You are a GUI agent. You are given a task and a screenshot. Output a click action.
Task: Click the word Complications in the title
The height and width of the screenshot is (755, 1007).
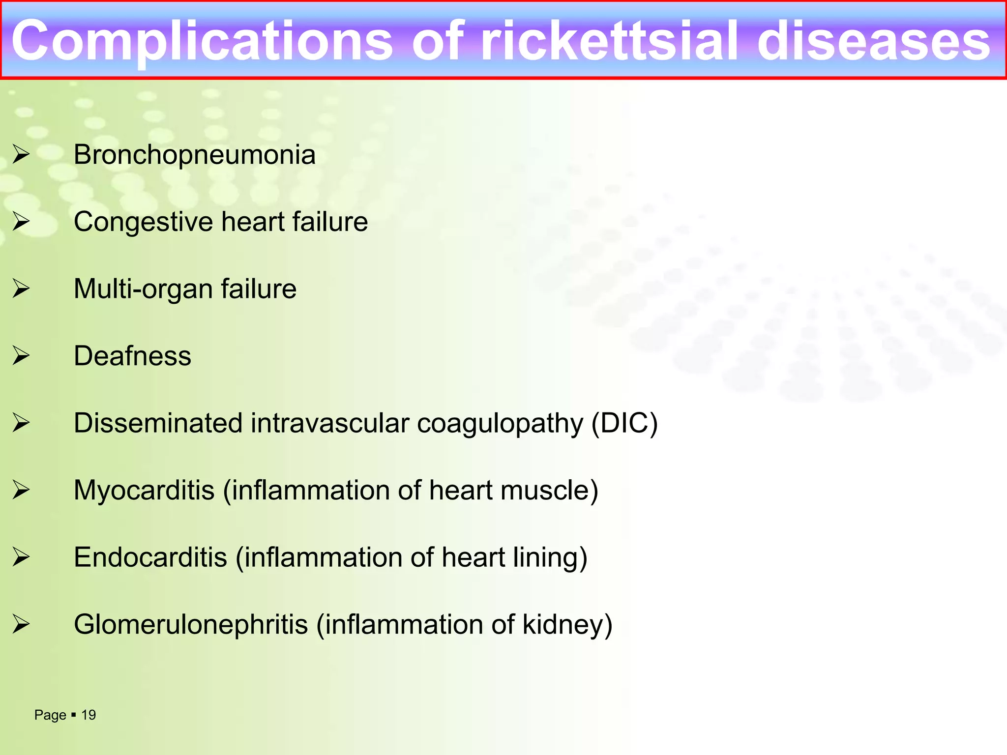tap(202, 42)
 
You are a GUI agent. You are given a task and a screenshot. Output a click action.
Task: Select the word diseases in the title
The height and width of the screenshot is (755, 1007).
tap(873, 42)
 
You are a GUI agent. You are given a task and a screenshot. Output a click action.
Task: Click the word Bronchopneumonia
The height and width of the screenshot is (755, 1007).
tap(194, 155)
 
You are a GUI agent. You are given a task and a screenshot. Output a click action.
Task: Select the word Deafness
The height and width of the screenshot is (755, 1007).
tap(132, 356)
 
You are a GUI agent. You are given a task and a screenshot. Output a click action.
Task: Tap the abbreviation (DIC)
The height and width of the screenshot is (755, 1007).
tap(624, 423)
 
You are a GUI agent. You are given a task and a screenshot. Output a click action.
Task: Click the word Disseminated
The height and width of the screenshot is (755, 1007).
tap(158, 423)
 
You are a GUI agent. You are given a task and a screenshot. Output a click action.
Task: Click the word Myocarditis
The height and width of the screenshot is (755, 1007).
tap(144, 491)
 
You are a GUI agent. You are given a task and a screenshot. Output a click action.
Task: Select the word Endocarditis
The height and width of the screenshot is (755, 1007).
tap(150, 557)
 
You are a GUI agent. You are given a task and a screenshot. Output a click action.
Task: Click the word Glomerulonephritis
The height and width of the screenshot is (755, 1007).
tap(191, 625)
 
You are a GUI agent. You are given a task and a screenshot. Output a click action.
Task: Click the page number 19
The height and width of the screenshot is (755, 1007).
tap(89, 715)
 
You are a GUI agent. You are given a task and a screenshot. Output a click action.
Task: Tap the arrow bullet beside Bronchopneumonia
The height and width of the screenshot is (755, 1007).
tap(21, 155)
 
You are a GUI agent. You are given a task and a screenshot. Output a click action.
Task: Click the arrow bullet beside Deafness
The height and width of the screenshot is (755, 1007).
tap(21, 356)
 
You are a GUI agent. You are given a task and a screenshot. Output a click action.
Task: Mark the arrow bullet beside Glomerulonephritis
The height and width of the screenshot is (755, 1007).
tap(21, 624)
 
